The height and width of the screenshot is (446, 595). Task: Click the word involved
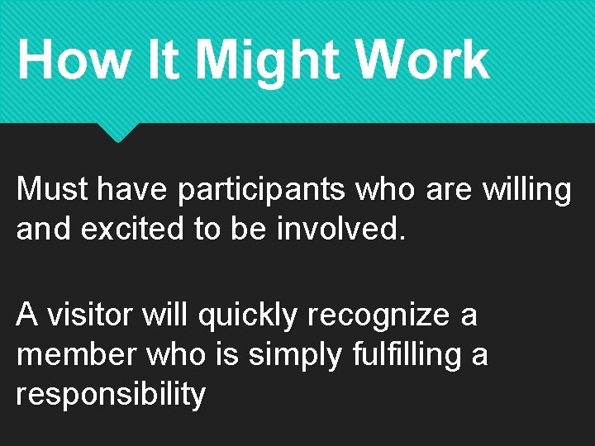pyautogui.click(x=341, y=229)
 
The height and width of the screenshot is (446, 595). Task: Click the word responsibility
pyautogui.click(x=111, y=395)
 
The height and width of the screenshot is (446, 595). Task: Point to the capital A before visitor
pyautogui.click(x=27, y=314)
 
